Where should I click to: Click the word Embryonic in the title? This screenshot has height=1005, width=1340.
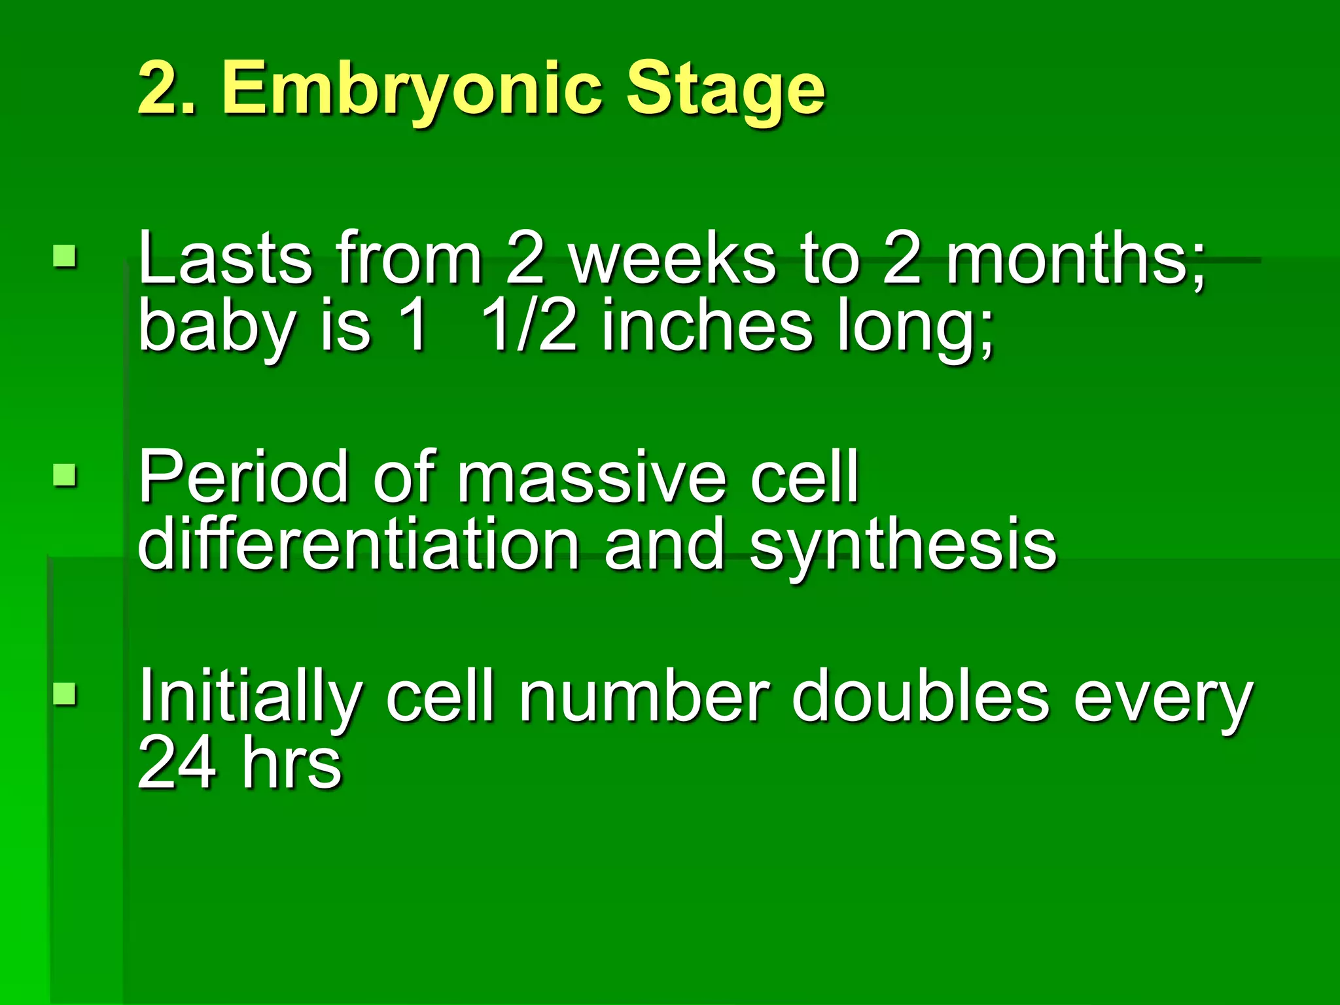tap(412, 90)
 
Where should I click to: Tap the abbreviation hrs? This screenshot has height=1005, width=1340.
tap(291, 763)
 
